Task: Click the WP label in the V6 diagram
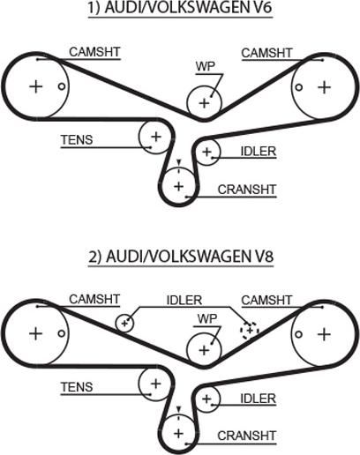tap(206, 66)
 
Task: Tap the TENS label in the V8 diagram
tap(77, 387)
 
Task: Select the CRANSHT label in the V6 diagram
tap(247, 190)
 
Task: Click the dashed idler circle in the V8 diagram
tap(250, 330)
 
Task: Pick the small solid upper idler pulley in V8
tap(124, 323)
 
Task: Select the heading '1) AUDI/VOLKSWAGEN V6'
tap(180, 8)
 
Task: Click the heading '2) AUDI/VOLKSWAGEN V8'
tap(181, 256)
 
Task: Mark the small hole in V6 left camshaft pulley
tap(62, 86)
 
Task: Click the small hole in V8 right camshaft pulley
tap(298, 334)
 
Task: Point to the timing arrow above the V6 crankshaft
tap(178, 162)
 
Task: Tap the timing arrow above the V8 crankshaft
tap(178, 409)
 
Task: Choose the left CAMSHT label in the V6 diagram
tap(94, 52)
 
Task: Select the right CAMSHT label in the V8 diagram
tap(266, 300)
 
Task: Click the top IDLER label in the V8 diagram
tap(184, 300)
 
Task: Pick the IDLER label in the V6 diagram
tap(259, 152)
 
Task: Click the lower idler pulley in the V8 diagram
tap(207, 399)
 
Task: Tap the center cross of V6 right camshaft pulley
tap(325, 87)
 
